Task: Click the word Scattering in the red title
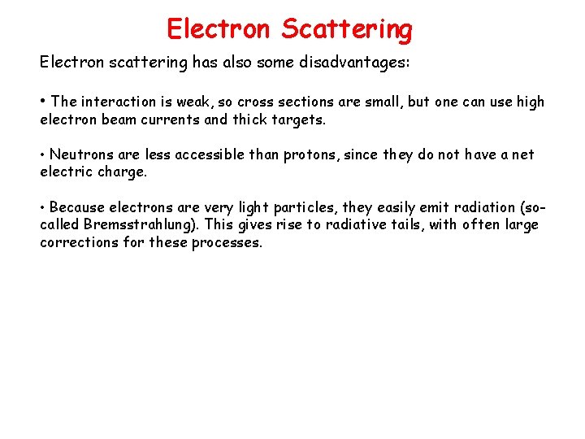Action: tap(347, 29)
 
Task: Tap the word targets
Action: tap(301, 120)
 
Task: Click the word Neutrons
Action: tap(81, 154)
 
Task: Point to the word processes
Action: tap(227, 243)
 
